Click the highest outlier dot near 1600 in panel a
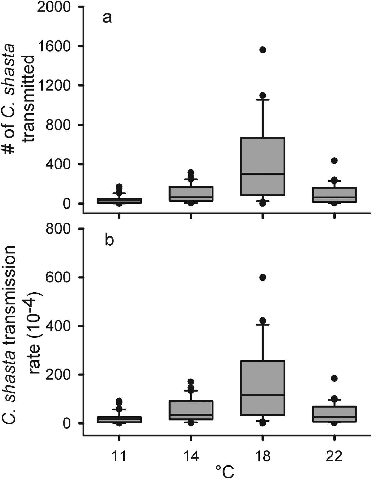[263, 50]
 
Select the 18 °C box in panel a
[263, 166]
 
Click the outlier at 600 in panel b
[263, 278]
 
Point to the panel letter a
[107, 18]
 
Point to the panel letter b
[109, 240]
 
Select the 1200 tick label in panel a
[54, 86]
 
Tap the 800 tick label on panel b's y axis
[58, 229]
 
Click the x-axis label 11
[119, 456]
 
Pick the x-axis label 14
[191, 456]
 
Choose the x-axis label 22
[334, 456]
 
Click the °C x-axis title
[225, 472]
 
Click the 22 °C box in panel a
[334, 195]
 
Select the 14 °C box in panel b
[191, 410]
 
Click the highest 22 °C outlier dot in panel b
[334, 378]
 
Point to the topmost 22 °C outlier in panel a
[334, 160]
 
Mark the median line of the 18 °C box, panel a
[263, 174]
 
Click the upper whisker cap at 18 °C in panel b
[263, 325]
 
